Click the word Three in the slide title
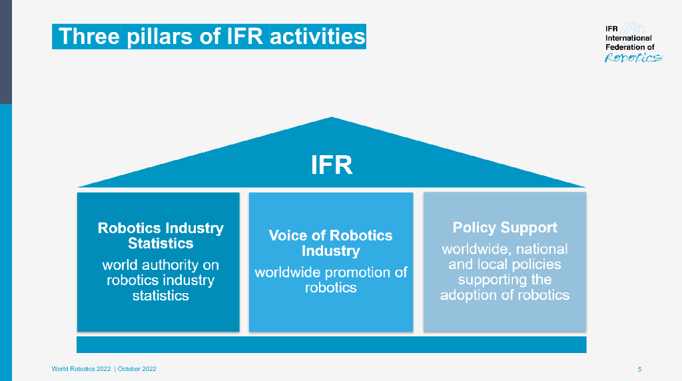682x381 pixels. click(89, 36)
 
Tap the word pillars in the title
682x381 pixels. click(159, 37)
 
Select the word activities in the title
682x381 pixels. click(318, 36)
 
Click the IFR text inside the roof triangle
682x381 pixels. click(332, 165)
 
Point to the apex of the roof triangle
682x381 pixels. click(332, 117)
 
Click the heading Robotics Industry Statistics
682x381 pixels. click(161, 235)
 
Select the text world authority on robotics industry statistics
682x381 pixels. click(161, 280)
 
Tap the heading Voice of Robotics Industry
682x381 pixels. click(330, 242)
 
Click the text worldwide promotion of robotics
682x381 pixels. click(330, 280)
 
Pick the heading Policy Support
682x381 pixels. click(505, 228)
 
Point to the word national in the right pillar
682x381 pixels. click(541, 248)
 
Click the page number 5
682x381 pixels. click(640, 369)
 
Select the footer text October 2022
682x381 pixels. click(137, 369)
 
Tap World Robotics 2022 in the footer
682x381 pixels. click(81, 369)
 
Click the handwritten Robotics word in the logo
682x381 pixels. click(633, 58)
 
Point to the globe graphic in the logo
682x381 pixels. click(632, 31)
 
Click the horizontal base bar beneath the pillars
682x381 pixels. click(332, 344)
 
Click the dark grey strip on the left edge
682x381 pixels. click(5, 52)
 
